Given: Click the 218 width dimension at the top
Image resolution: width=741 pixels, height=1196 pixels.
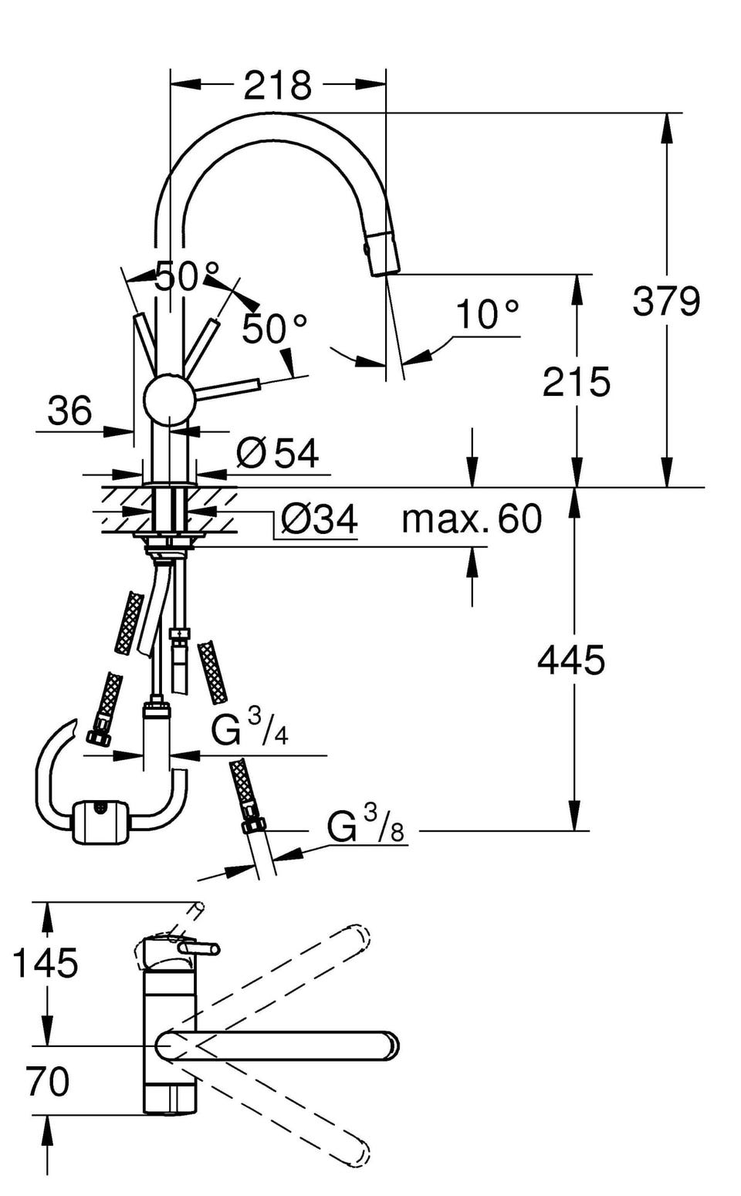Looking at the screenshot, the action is [x=277, y=85].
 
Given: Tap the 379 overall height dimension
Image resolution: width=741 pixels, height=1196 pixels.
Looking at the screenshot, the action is [x=666, y=301].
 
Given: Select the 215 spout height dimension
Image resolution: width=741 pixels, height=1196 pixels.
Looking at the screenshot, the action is [x=576, y=382].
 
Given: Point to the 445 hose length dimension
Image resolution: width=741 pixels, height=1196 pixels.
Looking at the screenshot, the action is [x=571, y=660].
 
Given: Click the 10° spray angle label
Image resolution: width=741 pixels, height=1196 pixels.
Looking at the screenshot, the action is [x=487, y=315].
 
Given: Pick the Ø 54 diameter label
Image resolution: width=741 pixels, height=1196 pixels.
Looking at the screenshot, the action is [x=277, y=453].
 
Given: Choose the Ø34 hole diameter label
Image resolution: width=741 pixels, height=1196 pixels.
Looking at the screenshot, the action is [x=319, y=519].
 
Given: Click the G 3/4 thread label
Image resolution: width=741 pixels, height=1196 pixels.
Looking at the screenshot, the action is [x=250, y=728].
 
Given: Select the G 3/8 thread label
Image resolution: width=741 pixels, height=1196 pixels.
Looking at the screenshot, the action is [x=365, y=826].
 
